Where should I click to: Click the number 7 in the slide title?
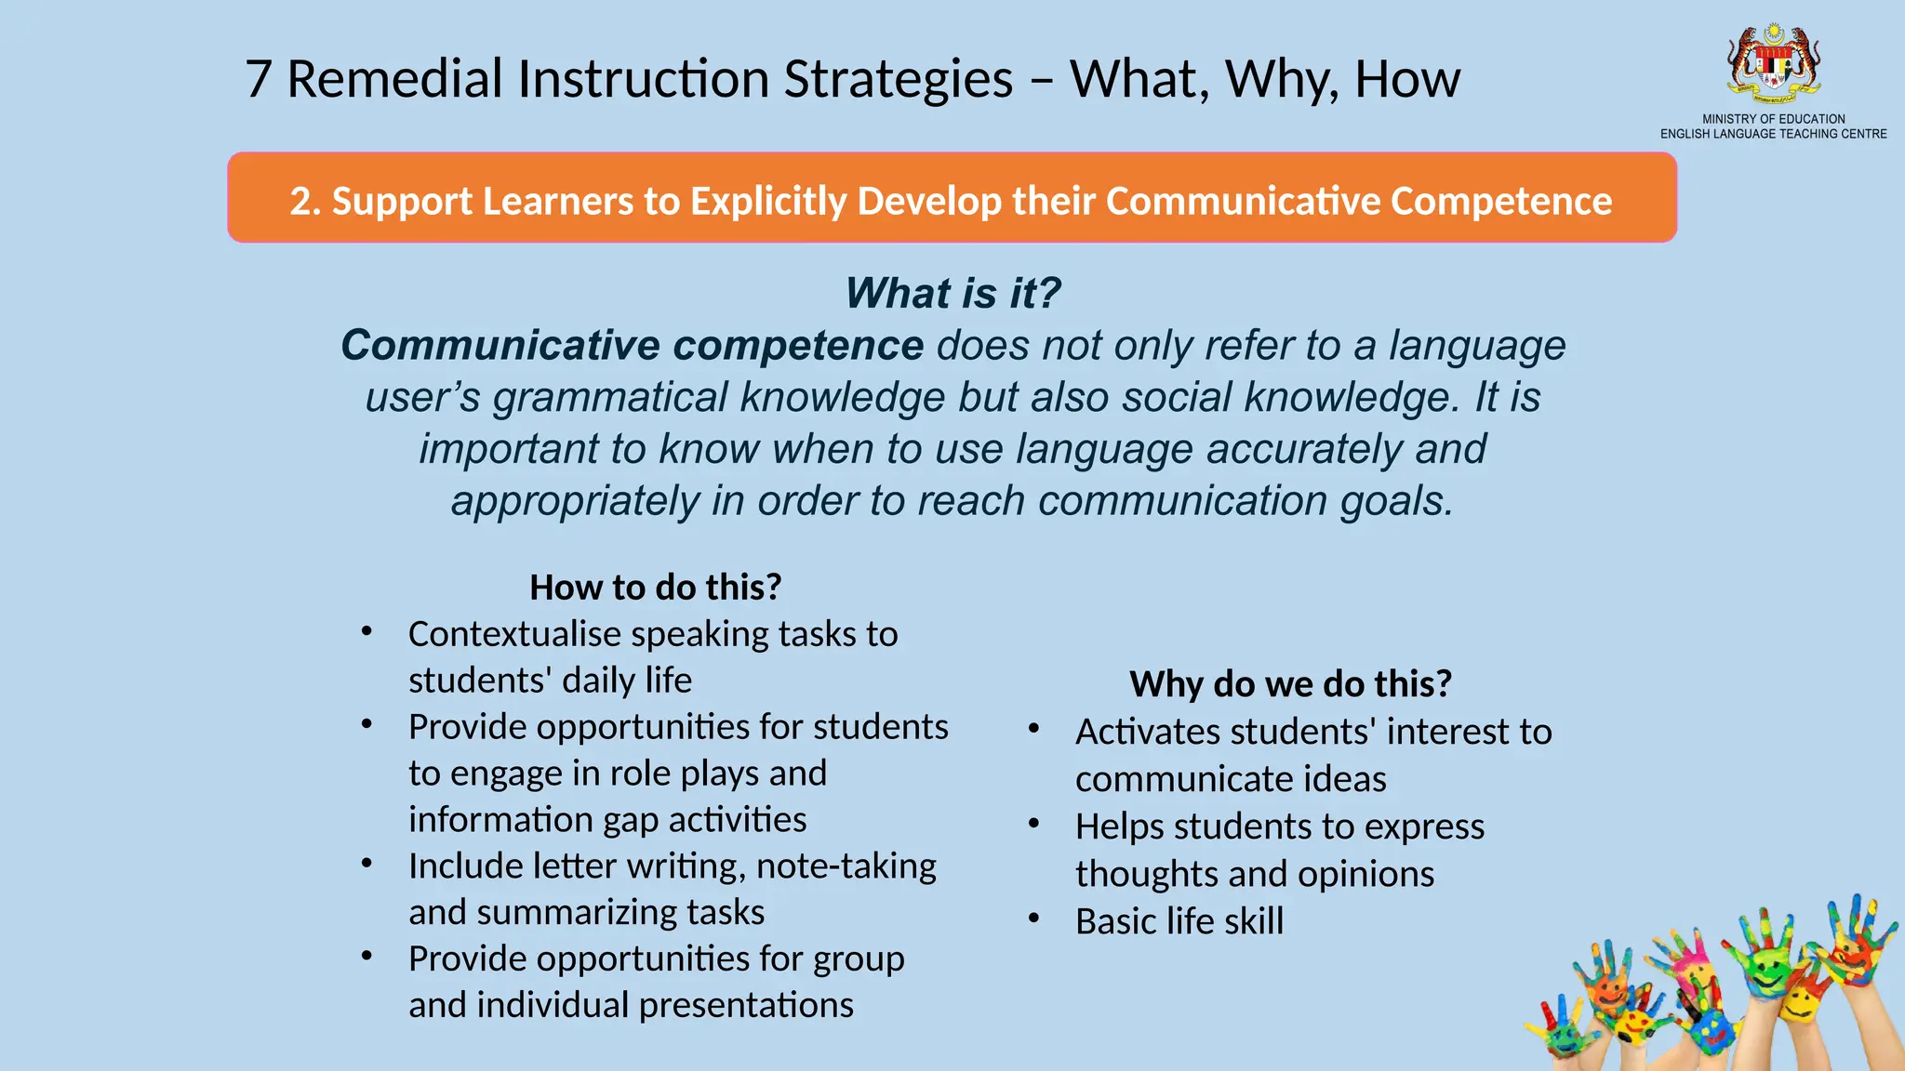tap(258, 80)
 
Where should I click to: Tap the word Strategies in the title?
tap(898, 80)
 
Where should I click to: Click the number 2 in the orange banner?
tap(300, 202)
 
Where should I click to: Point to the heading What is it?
tap(952, 293)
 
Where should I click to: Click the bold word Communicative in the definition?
tap(500, 346)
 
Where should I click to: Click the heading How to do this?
tap(655, 588)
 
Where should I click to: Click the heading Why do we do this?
tap(1290, 684)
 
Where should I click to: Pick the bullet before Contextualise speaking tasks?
tap(367, 632)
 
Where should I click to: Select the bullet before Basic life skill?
tap(1034, 919)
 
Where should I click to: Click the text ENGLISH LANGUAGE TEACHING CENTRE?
tap(1773, 134)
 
